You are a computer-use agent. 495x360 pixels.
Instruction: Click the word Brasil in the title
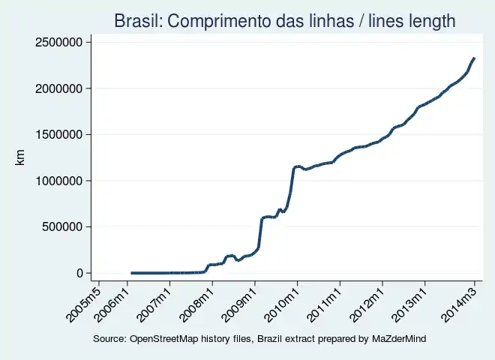coord(135,21)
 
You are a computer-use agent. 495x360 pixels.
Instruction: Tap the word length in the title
coord(429,21)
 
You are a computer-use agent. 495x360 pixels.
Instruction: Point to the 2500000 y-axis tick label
coord(58,43)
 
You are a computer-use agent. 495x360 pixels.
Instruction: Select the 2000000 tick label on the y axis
coord(58,88)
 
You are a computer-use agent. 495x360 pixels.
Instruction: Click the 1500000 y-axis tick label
coord(58,135)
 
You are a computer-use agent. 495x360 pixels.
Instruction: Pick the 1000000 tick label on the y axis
coord(58,181)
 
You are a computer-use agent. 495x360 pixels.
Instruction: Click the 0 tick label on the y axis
coord(79,273)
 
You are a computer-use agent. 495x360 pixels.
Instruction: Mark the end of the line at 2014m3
coord(473,58)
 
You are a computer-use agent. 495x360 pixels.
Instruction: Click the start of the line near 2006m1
coord(132,273)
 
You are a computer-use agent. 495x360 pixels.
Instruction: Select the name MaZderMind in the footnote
coord(398,340)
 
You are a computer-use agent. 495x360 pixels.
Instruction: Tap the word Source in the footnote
coord(109,340)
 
